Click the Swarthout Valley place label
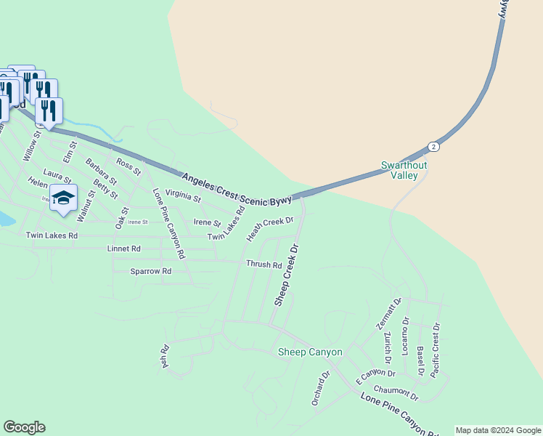[x=399, y=170]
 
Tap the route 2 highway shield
[x=433, y=146]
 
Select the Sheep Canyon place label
[x=310, y=352]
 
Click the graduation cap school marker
[x=63, y=198]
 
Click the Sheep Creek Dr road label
[x=287, y=280]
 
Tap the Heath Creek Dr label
[x=269, y=229]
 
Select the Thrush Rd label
[x=264, y=265]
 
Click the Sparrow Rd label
[x=150, y=271]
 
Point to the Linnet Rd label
[x=123, y=249]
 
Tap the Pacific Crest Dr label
[x=436, y=350]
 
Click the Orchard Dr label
[x=320, y=389]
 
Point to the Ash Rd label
[x=166, y=356]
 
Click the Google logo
[x=24, y=427]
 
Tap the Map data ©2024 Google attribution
[x=499, y=430]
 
